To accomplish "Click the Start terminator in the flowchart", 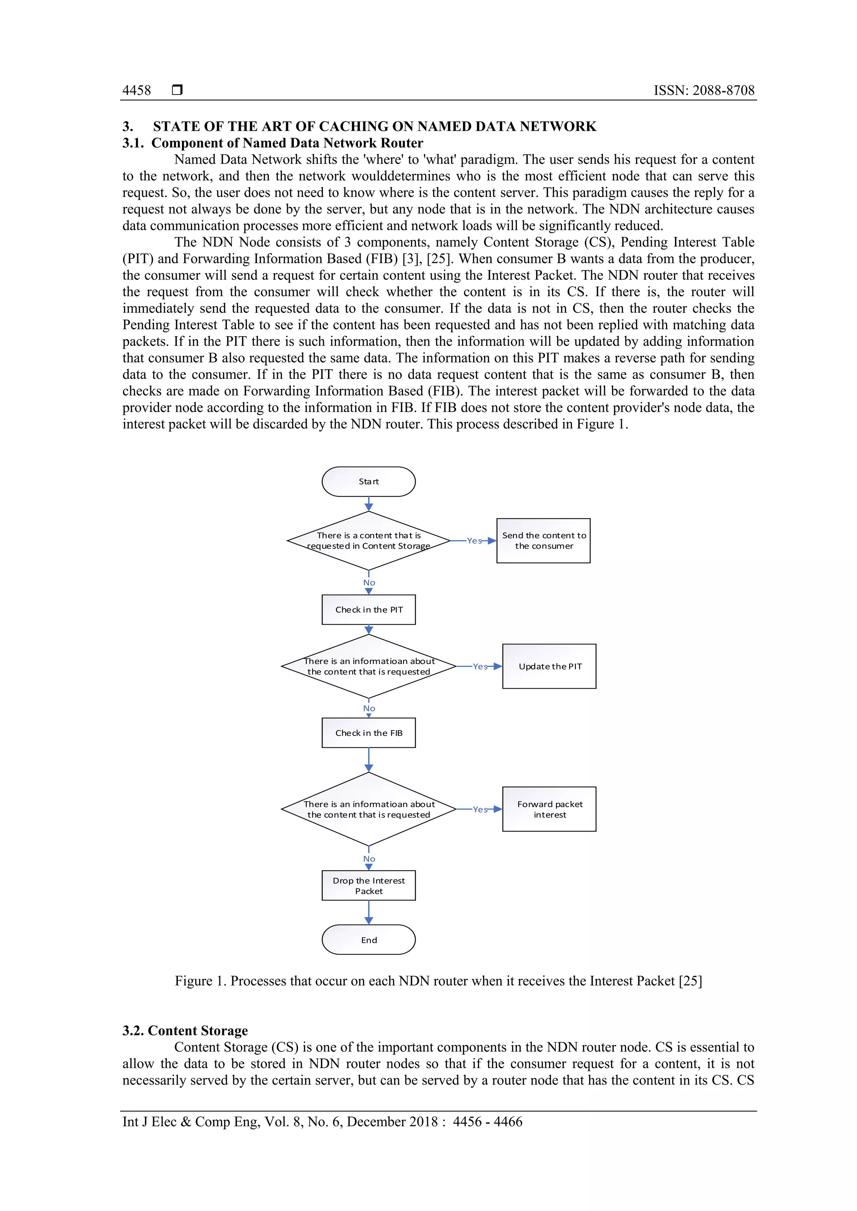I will coord(368,482).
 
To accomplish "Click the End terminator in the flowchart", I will coord(368,940).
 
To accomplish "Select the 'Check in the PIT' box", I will coord(368,610).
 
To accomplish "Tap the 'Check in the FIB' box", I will coord(368,733).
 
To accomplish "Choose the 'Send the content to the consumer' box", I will coord(543,541).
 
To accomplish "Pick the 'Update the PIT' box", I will coord(549,666).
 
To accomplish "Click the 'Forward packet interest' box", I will coord(549,809).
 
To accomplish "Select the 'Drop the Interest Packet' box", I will coord(368,886).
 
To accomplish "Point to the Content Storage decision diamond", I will coord(368,541).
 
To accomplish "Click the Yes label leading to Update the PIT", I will coord(480,667).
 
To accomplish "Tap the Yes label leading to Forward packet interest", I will coord(480,810).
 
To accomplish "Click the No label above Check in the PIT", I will coord(369,583).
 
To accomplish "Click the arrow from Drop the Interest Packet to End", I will coord(369,912).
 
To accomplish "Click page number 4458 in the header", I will coord(137,90).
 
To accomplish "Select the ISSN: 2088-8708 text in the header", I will coord(704,90).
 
